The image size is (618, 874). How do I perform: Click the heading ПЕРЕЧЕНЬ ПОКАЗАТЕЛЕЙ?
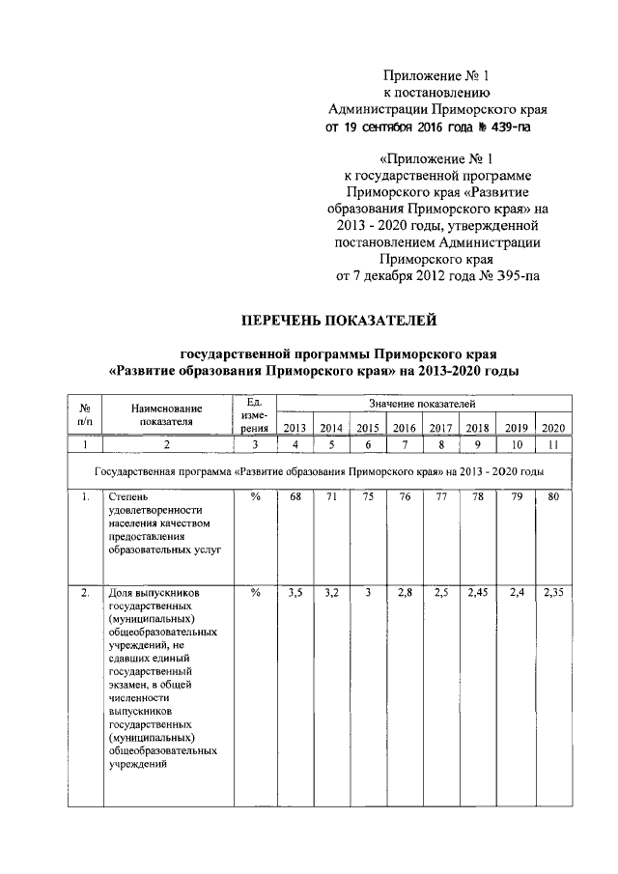tap(339, 318)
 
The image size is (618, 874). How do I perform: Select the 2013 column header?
tap(295, 428)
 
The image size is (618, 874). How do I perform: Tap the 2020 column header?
tap(553, 428)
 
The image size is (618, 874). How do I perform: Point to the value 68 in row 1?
tap(295, 497)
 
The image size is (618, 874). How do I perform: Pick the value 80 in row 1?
tap(553, 497)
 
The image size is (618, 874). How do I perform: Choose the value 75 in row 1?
tap(367, 497)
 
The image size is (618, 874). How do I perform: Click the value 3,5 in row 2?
tap(295, 594)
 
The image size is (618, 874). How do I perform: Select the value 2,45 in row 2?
tap(477, 594)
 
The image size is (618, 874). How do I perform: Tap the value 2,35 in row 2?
tap(553, 594)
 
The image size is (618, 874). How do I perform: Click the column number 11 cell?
tap(553, 445)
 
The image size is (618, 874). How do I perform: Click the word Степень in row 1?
tap(127, 497)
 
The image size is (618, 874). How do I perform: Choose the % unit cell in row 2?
tap(255, 594)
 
